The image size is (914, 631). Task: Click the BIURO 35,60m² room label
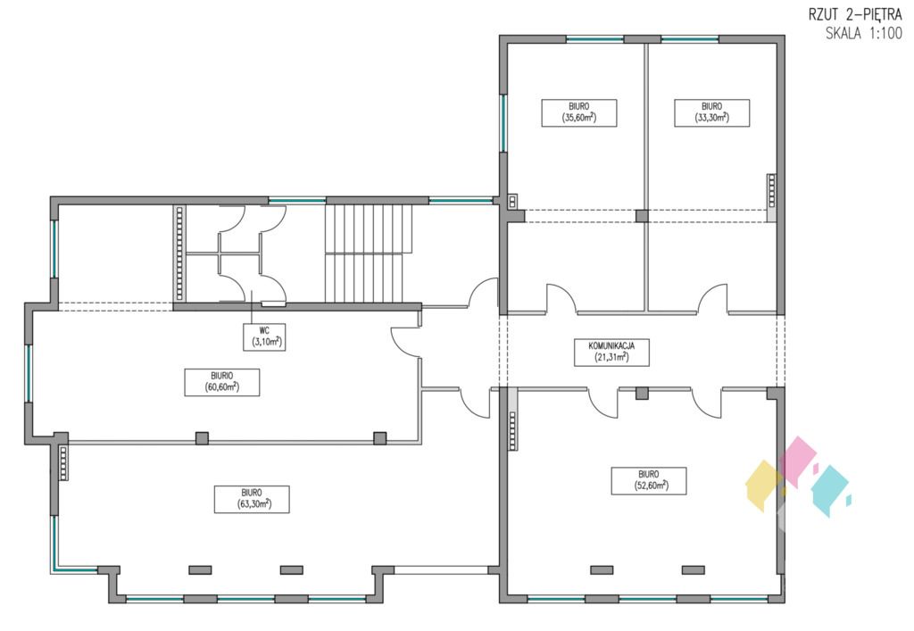pyautogui.click(x=578, y=113)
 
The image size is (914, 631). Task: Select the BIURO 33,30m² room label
pyautogui.click(x=711, y=113)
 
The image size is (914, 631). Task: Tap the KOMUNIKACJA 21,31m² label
pyautogui.click(x=611, y=352)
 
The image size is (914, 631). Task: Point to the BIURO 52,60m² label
pyautogui.click(x=649, y=481)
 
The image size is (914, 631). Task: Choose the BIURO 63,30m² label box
pyautogui.click(x=252, y=499)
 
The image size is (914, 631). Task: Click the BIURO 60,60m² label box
pyautogui.click(x=222, y=382)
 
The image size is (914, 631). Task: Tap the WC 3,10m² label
pyautogui.click(x=264, y=337)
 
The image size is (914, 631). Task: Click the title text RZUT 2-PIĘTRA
pyautogui.click(x=855, y=14)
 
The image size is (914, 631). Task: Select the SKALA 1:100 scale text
pyautogui.click(x=864, y=33)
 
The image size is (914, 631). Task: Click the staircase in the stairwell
pyautogui.click(x=369, y=253)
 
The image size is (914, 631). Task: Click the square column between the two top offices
pyautogui.click(x=642, y=216)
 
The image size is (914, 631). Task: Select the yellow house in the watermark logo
pyautogui.click(x=764, y=486)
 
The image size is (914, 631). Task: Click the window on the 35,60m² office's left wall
pyautogui.click(x=503, y=123)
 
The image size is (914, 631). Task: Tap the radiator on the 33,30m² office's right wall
pyautogui.click(x=772, y=190)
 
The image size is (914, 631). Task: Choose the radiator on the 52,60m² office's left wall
pyautogui.click(x=512, y=430)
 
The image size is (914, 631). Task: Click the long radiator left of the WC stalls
pyautogui.click(x=179, y=253)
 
